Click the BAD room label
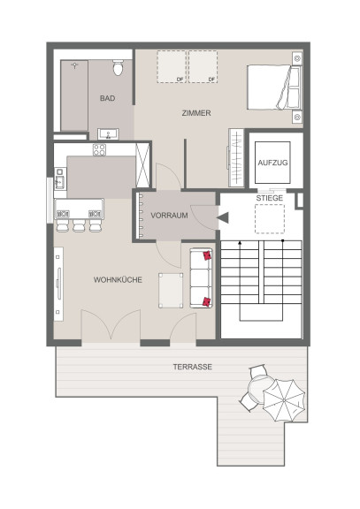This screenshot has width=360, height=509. (108, 98)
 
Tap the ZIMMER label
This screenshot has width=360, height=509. (196, 113)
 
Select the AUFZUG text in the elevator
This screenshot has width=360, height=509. (272, 163)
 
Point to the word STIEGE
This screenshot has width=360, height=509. (270, 198)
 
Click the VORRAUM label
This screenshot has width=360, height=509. (169, 216)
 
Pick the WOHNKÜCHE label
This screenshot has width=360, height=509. (118, 279)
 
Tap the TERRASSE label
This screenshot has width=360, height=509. (193, 367)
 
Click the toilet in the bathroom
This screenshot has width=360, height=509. (118, 67)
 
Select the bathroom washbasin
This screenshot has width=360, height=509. (108, 133)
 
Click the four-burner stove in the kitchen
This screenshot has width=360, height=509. (99, 150)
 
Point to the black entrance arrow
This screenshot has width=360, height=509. (223, 217)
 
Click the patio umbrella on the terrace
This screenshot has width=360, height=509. (284, 400)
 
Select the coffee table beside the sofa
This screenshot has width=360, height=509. (171, 290)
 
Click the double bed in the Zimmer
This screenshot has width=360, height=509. (274, 87)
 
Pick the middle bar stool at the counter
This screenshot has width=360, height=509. (79, 225)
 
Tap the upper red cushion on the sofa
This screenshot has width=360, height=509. (207, 255)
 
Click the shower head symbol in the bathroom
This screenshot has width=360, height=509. (75, 65)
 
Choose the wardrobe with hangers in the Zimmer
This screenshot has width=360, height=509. (235, 158)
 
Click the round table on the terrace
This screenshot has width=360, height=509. (259, 389)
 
